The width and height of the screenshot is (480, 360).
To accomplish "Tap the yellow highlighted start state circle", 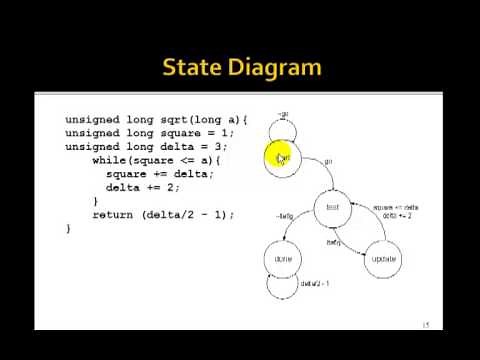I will tap(283, 158).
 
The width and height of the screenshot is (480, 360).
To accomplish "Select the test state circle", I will tap(333, 208).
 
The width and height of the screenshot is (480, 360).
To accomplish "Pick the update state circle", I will tap(383, 258).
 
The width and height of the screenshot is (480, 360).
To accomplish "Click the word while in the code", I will tap(109, 160).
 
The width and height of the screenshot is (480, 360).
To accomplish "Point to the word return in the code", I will tap(113, 214).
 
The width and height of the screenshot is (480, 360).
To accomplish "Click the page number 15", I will tap(426, 324).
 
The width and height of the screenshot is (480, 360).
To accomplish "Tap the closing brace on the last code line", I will tap(69, 228).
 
